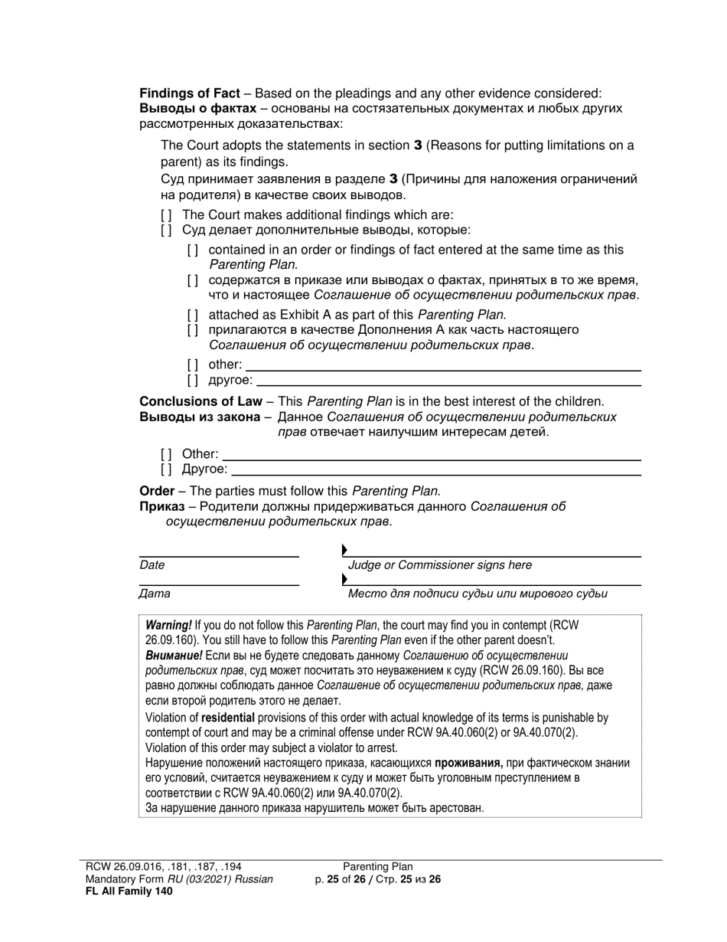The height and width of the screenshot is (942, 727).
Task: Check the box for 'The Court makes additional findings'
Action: tap(166, 215)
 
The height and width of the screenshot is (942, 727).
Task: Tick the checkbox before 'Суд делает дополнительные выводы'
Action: tap(166, 230)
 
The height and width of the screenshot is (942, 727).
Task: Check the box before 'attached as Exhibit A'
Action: tap(193, 315)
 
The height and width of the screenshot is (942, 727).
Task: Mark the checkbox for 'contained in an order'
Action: tap(193, 250)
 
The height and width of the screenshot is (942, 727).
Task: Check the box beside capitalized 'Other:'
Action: tap(166, 454)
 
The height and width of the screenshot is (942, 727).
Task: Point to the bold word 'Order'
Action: tap(157, 491)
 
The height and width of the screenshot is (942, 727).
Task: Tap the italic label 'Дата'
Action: tap(155, 594)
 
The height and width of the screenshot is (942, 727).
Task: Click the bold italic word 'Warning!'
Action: tap(168, 625)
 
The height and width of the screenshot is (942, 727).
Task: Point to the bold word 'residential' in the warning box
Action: tap(227, 718)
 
